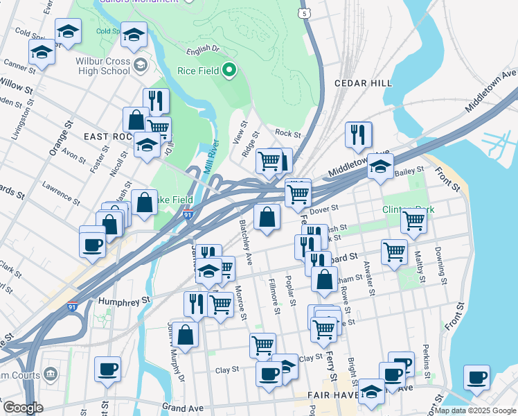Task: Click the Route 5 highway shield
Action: [303, 13]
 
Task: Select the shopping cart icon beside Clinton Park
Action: [413, 220]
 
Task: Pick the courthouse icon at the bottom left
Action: [50, 375]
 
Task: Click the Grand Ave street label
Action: [185, 407]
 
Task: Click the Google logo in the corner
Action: [24, 408]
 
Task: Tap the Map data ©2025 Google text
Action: [475, 410]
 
